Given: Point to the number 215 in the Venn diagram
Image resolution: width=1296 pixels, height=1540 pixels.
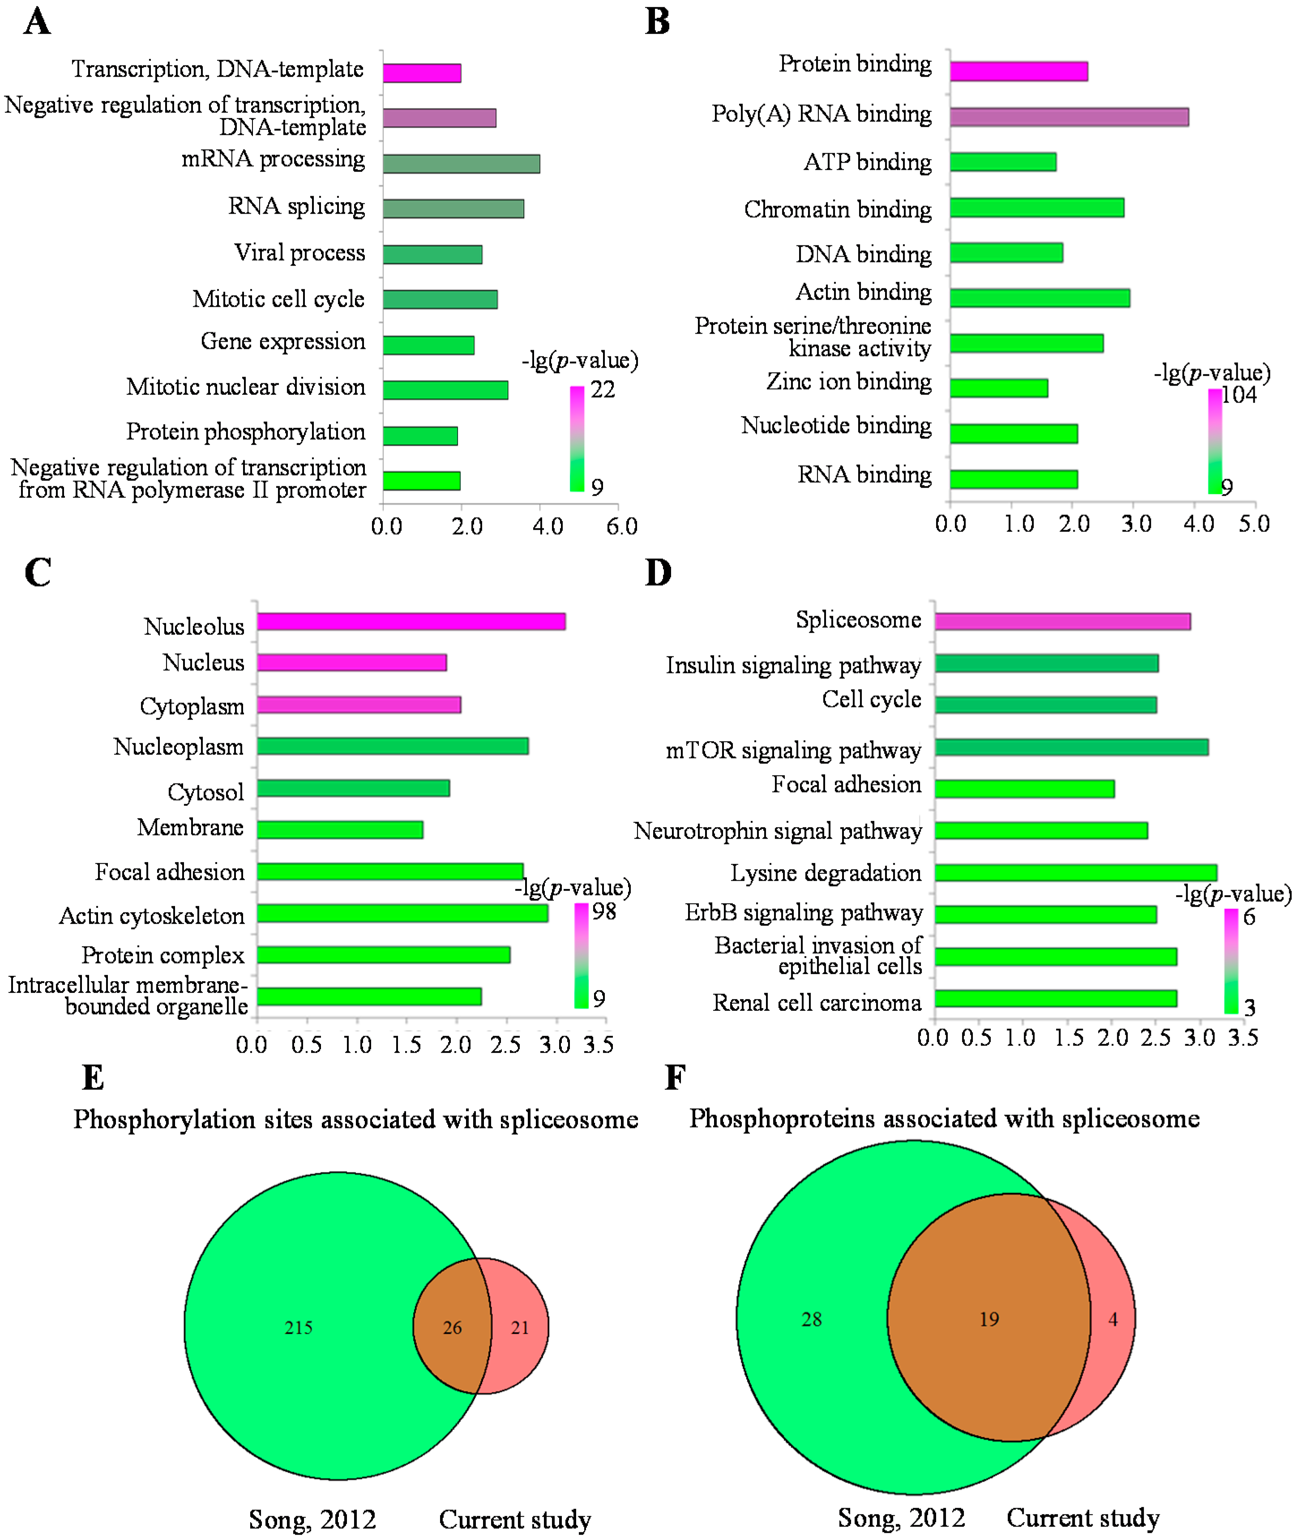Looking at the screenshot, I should click(x=298, y=1328).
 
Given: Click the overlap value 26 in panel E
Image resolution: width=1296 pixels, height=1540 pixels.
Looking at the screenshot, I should click(x=452, y=1328).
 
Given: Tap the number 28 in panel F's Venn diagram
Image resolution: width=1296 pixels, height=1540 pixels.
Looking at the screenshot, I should click(x=811, y=1320).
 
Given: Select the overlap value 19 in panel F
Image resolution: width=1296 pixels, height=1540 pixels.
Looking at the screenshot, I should click(x=989, y=1320).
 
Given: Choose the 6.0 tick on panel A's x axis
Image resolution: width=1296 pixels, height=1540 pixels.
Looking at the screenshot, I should click(x=621, y=526).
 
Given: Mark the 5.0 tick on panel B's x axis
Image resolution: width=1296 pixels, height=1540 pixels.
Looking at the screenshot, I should click(x=1254, y=524).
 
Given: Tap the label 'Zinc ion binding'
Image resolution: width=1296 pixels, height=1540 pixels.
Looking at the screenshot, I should click(x=849, y=382).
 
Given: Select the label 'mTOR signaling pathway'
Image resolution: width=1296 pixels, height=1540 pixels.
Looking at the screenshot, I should click(x=793, y=750).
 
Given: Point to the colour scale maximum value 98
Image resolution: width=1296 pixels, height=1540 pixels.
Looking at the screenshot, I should click(x=604, y=911).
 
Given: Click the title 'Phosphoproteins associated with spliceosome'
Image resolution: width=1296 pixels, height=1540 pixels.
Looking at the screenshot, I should click(x=944, y=1118).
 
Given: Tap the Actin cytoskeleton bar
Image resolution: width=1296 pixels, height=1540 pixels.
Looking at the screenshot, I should click(x=402, y=913).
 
